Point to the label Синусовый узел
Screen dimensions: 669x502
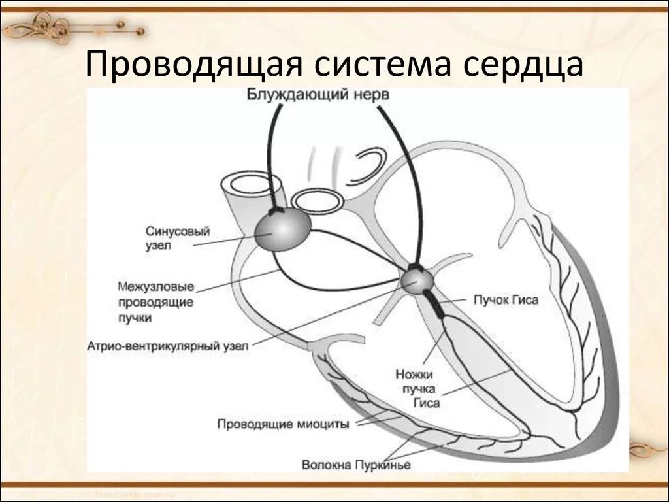tap(169, 238)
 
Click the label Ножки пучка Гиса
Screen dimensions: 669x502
tap(417, 389)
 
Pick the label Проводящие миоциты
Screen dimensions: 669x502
tap(283, 424)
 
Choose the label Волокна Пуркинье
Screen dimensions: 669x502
tap(356, 465)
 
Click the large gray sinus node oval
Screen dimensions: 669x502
tap(282, 230)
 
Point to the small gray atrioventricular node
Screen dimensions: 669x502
tap(417, 281)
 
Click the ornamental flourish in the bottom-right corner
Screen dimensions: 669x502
tap(647, 451)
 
